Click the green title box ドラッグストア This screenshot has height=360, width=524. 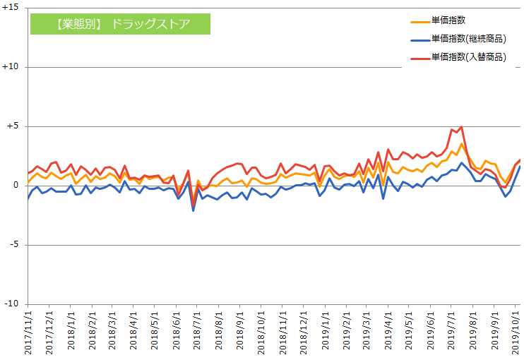[x=120, y=23]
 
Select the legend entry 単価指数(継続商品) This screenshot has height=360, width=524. [x=469, y=39]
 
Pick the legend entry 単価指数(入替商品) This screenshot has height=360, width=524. [x=469, y=56]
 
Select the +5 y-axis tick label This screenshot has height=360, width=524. [x=13, y=126]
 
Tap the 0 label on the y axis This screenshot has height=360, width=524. [x=17, y=186]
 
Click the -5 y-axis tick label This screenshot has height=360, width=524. [x=15, y=245]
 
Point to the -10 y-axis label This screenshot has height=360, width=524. [x=13, y=304]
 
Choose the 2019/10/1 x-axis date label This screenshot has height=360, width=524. [x=515, y=332]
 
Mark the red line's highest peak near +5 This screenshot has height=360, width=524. [x=461, y=127]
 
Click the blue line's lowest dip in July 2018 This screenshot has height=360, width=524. [x=193, y=210]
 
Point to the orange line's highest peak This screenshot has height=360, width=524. [x=461, y=144]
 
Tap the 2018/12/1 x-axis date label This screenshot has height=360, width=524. [x=302, y=332]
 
